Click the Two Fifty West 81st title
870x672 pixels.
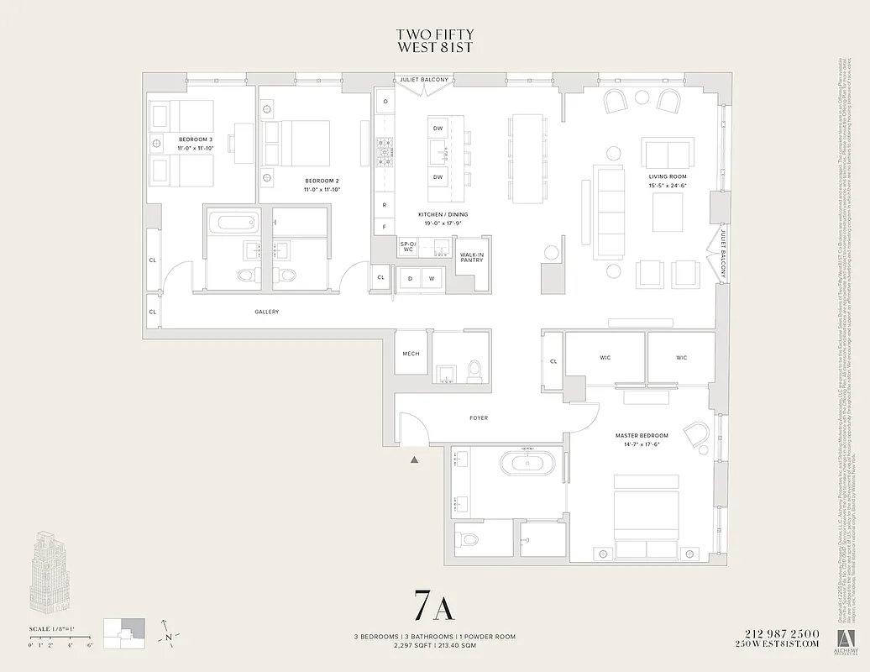pos(434,40)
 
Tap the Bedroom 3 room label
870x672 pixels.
pos(194,143)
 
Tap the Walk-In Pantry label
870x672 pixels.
pos(472,256)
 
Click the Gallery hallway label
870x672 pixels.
pos(266,312)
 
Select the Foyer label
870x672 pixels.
pos(479,417)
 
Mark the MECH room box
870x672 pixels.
pos(411,354)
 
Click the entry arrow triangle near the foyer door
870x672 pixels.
pos(414,459)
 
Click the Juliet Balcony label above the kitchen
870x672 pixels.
pos(425,80)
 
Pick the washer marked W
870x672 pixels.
pos(432,278)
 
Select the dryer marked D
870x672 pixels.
pos(411,278)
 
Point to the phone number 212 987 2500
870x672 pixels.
pos(780,633)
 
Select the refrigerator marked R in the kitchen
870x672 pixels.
pos(385,205)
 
